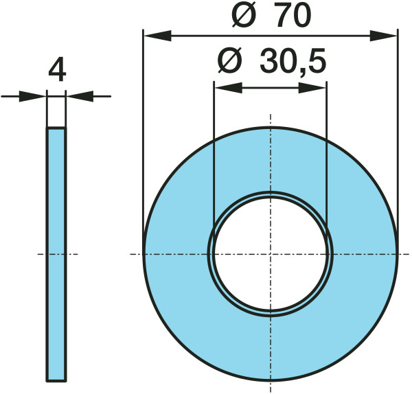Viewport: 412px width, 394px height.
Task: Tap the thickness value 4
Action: click(x=57, y=71)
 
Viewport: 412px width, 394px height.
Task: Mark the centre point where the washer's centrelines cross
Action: click(x=271, y=254)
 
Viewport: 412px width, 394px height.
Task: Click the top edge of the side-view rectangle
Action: click(x=56, y=128)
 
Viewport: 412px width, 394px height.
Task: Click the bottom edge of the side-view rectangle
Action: click(x=56, y=380)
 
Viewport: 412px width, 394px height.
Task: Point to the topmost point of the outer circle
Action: click(x=271, y=128)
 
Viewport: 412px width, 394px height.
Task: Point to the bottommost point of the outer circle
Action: click(x=271, y=380)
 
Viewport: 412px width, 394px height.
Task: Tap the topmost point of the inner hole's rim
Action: click(x=271, y=192)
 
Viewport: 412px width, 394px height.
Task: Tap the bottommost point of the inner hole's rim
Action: click(x=271, y=315)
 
